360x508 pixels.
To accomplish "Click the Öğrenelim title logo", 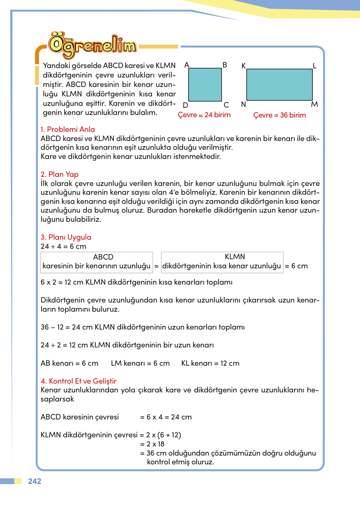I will [x=92, y=46].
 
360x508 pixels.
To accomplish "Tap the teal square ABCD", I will [x=205, y=85].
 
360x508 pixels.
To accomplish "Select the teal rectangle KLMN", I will [x=279, y=85].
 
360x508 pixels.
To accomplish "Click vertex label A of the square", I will [x=187, y=65].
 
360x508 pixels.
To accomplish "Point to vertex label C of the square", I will [x=226, y=105].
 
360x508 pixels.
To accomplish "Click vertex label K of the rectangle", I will [x=243, y=66].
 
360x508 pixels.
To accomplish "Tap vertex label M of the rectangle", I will [x=314, y=105].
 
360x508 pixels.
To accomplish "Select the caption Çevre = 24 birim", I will [x=204, y=115].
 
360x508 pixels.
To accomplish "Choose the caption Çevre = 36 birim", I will [x=279, y=115].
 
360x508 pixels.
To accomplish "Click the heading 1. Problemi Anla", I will [x=68, y=129].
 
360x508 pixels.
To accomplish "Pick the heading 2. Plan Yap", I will [x=60, y=174].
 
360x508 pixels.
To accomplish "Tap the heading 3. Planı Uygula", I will [x=66, y=237].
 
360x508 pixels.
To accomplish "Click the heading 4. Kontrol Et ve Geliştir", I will [x=78, y=381].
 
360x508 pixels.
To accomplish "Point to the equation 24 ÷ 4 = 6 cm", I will [x=63, y=247].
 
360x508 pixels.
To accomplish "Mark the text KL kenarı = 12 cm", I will [x=210, y=363].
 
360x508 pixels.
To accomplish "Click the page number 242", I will [x=35, y=481].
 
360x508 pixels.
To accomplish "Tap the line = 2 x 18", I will [x=152, y=444].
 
